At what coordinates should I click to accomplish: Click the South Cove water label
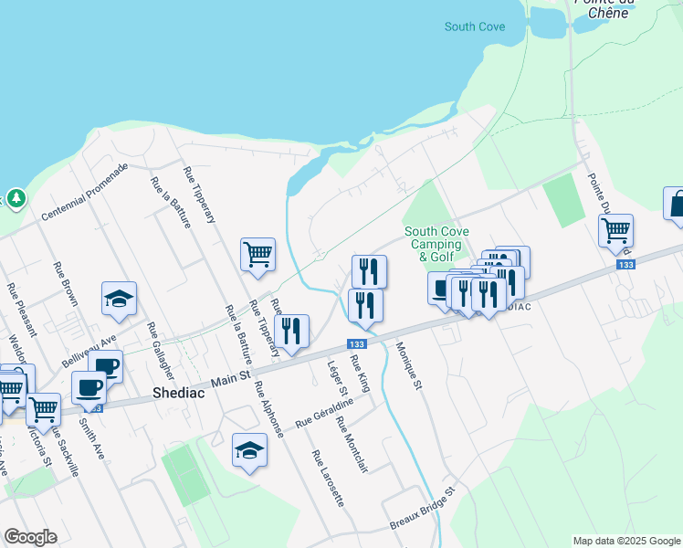tap(474, 26)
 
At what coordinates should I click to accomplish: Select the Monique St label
tap(408, 366)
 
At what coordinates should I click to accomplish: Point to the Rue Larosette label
tap(327, 479)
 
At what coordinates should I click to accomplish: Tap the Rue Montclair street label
tap(351, 445)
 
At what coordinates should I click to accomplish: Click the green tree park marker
tap(16, 197)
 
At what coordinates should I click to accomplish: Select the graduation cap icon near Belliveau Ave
tap(119, 299)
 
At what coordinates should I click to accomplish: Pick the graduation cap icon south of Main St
tap(249, 448)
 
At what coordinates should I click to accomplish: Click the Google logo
tap(30, 537)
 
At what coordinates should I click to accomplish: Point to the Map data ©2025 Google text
tap(625, 541)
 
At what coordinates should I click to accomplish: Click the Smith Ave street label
tap(91, 436)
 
